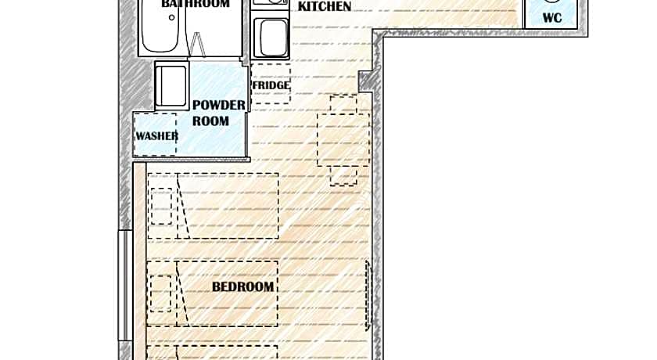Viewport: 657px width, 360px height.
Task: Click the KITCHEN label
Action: (325, 7)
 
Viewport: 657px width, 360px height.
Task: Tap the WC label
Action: (552, 18)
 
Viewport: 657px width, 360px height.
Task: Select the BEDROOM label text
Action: (243, 287)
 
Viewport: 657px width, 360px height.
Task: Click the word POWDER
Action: (219, 105)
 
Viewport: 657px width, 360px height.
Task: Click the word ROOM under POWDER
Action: (210, 121)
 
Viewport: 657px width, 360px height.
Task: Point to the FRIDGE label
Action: (271, 85)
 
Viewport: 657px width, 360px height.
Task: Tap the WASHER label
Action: (156, 136)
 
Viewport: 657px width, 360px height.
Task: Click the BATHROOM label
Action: (196, 4)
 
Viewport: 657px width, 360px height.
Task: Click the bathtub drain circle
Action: (172, 17)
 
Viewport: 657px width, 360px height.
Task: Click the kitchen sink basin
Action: (274, 38)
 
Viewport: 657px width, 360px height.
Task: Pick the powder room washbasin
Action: (171, 86)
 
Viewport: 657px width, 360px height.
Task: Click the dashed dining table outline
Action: (343, 139)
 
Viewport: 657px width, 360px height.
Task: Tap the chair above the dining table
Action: (343, 104)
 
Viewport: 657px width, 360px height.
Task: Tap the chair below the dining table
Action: (343, 175)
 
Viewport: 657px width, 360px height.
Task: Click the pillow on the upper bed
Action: (161, 206)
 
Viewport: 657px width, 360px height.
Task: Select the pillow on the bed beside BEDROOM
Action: (161, 293)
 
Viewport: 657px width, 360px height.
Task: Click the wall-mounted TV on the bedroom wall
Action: (368, 295)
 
